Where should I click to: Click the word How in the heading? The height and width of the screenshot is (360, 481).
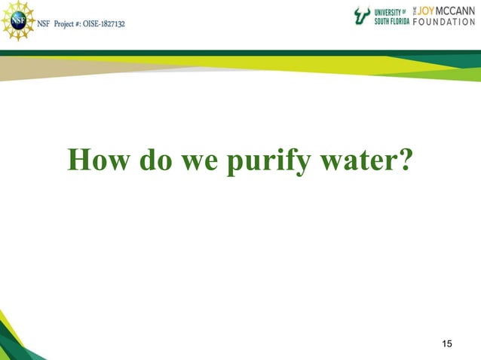tap(99, 160)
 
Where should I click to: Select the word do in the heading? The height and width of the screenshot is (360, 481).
tap(158, 160)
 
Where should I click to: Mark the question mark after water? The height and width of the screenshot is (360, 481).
tap(405, 160)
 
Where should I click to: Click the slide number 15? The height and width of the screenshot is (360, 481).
tap(447, 344)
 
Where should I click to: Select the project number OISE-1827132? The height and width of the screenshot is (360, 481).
tap(100, 23)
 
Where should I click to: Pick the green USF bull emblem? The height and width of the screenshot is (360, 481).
tap(363, 16)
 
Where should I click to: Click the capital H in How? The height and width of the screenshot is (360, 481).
tap(79, 160)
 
